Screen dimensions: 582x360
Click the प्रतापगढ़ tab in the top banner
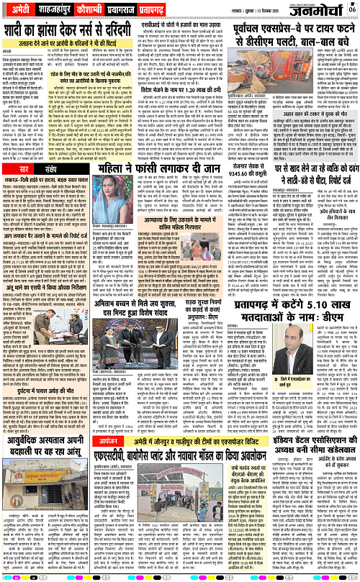click(x=161, y=9)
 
